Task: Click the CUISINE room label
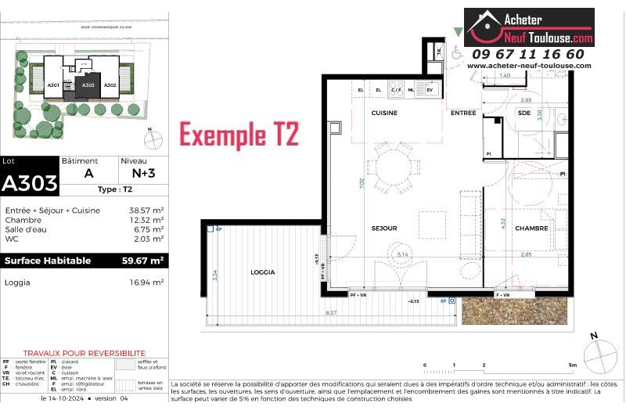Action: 384,113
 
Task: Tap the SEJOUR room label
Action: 384,229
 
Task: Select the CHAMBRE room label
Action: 531,229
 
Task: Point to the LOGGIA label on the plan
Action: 263,272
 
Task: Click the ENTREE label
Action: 463,113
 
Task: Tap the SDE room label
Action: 523,113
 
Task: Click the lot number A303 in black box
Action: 29,183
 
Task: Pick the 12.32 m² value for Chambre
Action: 146,220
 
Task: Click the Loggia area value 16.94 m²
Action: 146,282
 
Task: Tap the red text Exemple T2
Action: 239,135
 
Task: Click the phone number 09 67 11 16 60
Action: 527,54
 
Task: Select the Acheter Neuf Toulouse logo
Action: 529,27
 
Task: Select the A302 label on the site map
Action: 110,85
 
